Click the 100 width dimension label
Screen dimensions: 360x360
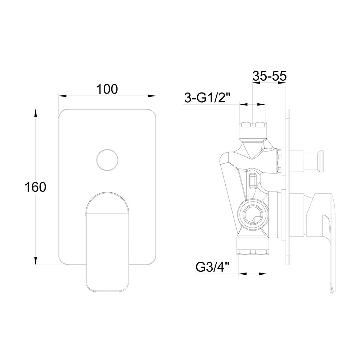(x=107, y=89)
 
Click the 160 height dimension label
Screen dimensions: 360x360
(x=35, y=187)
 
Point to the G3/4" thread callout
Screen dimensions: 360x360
(x=213, y=267)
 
